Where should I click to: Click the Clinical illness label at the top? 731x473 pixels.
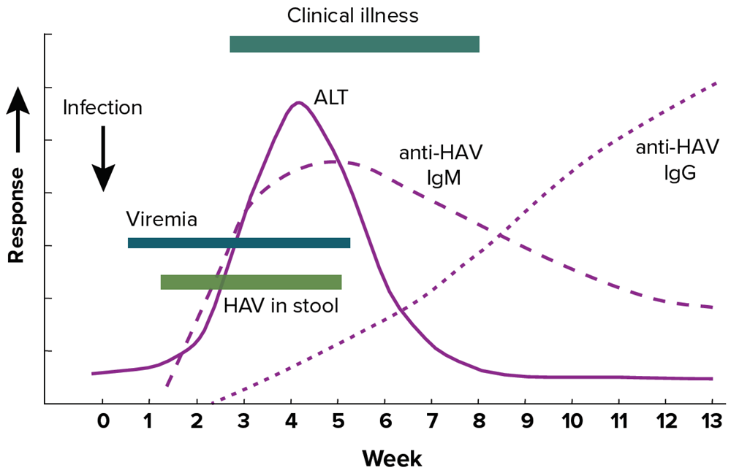tap(353, 15)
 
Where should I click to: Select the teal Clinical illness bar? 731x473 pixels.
tap(355, 44)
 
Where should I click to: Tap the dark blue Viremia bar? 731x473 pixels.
tap(239, 243)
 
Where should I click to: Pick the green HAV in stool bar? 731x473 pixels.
tap(251, 282)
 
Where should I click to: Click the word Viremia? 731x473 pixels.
tap(162, 220)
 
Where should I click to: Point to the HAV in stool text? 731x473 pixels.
tap(281, 306)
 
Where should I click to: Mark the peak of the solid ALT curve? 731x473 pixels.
tap(298, 102)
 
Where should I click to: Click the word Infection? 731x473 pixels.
tap(102, 108)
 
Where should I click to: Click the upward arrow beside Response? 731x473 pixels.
tap(18, 120)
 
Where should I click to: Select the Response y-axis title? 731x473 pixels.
tap(17, 214)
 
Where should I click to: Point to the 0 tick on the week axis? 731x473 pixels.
tap(102, 421)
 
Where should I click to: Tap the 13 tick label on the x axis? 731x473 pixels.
tap(711, 421)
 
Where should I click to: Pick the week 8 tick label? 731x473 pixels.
tap(479, 421)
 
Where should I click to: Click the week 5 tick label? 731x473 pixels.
tap(338, 421)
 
